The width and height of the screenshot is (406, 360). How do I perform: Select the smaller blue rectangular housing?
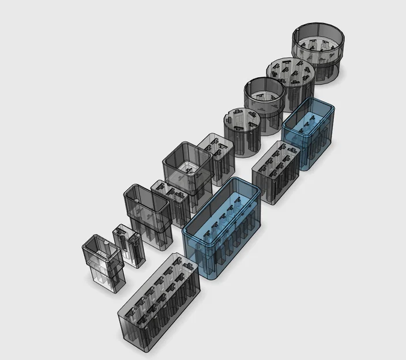309,132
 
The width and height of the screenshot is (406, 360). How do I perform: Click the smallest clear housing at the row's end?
104,262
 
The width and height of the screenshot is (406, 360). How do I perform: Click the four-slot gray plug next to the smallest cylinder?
216,158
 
